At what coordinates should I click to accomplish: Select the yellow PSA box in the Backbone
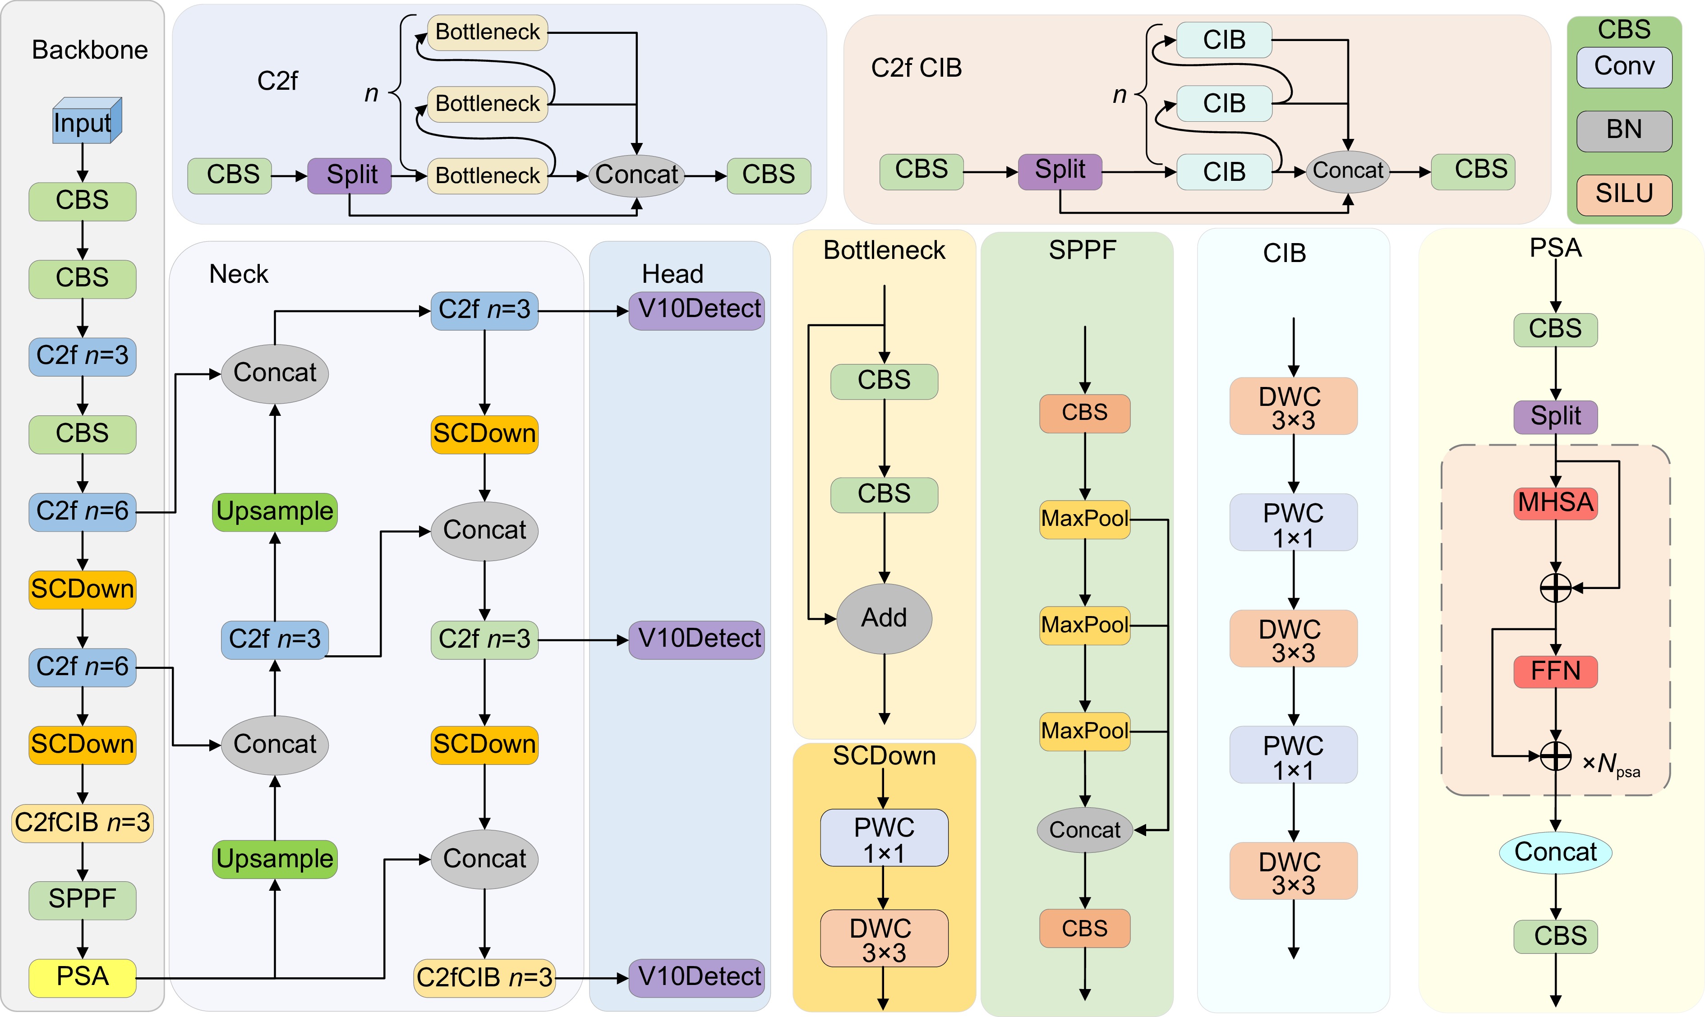click(82, 976)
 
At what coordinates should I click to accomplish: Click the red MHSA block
click(1556, 503)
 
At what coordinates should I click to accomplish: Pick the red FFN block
click(1556, 671)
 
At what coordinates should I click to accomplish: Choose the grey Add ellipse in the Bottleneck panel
click(884, 618)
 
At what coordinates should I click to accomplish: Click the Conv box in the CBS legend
click(1624, 66)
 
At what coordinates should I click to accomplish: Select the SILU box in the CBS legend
click(1624, 194)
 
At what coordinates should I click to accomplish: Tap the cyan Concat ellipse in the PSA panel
click(1556, 852)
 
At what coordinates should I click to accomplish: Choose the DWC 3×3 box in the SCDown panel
click(884, 939)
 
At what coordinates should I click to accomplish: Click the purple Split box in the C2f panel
click(350, 175)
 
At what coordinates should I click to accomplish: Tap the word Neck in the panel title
click(239, 274)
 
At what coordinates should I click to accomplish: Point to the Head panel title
click(672, 274)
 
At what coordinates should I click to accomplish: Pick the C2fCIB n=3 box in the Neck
click(484, 977)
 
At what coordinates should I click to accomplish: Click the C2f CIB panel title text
click(916, 68)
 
